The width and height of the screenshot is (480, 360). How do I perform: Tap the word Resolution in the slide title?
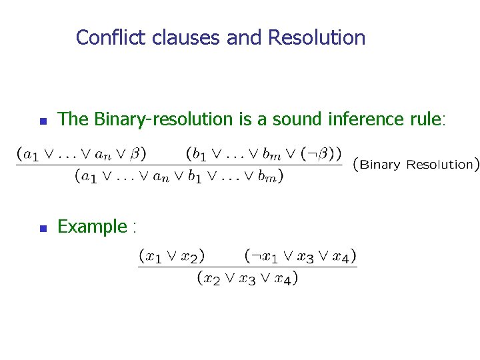coord(317,37)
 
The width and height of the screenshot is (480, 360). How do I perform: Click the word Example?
coord(92,227)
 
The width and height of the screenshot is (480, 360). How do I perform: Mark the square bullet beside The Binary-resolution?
coord(42,121)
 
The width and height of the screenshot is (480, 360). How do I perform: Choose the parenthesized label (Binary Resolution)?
coord(415,164)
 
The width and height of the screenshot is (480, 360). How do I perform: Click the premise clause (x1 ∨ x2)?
coord(171,255)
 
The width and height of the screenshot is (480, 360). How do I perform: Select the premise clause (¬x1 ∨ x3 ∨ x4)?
coord(300,255)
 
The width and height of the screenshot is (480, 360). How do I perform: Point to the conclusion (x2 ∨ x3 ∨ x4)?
coord(247,278)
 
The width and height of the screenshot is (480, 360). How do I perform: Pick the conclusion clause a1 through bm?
coord(179,176)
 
